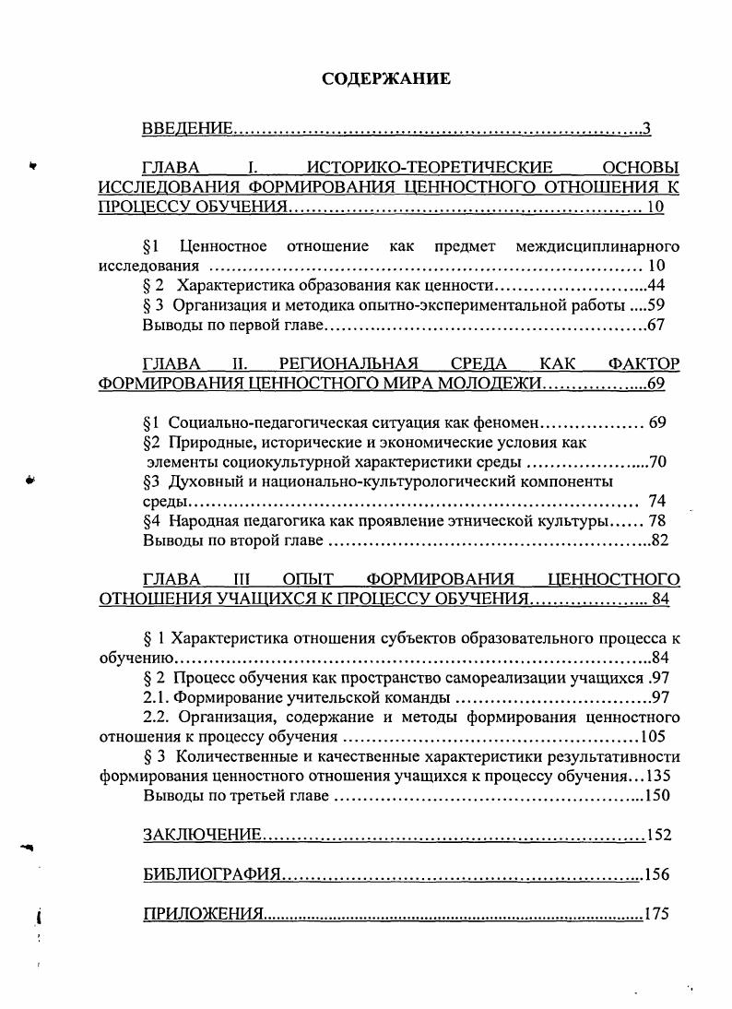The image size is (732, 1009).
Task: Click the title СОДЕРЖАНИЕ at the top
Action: point(386,79)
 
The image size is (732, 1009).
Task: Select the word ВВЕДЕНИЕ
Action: point(186,128)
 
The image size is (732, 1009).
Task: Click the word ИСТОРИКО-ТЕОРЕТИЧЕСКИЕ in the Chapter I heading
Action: point(429,168)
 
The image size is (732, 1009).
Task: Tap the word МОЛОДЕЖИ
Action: point(491,383)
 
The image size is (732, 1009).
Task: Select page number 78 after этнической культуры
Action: point(657,520)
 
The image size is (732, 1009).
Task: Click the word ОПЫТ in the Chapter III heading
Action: point(308,579)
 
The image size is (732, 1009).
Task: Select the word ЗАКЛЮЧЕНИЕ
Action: point(202,835)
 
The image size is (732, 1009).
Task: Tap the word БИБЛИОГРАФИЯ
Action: point(211,874)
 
